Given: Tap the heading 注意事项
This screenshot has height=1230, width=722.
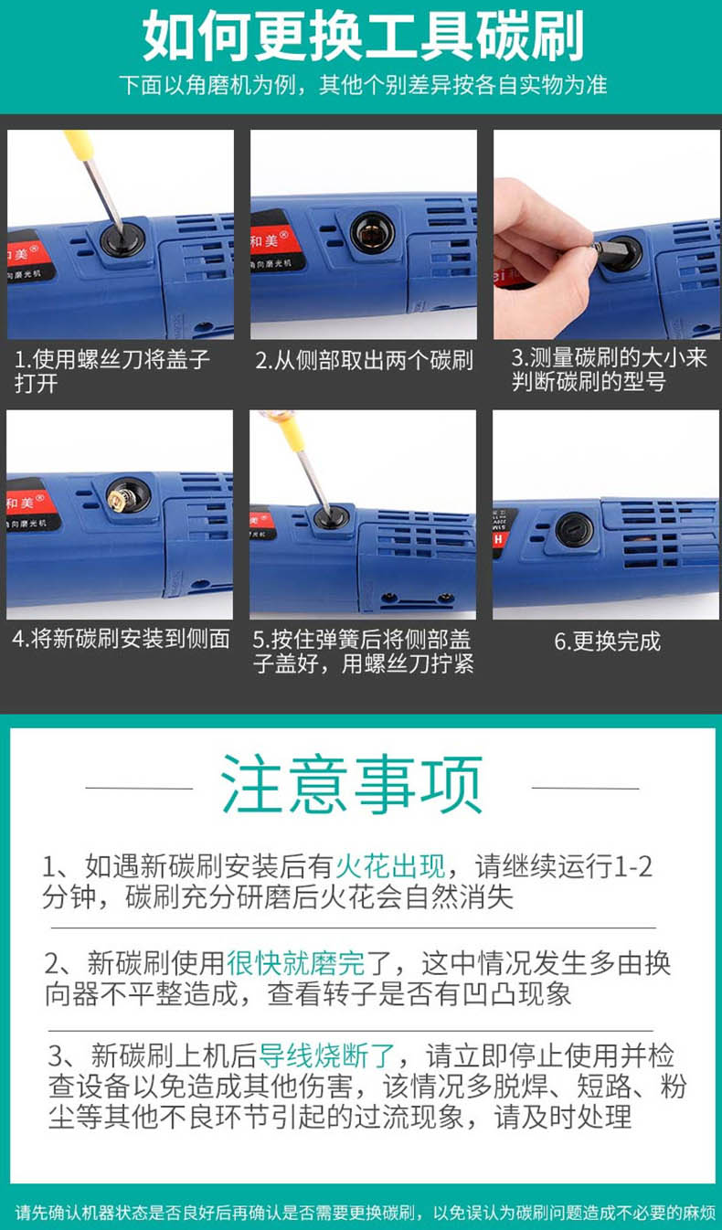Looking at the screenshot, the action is pyautogui.click(x=352, y=785).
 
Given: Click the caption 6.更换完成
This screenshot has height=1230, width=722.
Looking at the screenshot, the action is pyautogui.click(x=607, y=642).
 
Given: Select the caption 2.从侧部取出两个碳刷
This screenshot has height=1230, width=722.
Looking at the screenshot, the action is pyautogui.click(x=364, y=360).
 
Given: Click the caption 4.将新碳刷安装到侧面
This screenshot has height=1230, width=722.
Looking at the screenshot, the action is pyautogui.click(x=121, y=639).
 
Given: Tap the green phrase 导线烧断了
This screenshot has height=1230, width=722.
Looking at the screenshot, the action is pyautogui.click(x=327, y=1055).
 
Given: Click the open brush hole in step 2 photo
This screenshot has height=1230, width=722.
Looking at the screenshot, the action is pyautogui.click(x=372, y=232).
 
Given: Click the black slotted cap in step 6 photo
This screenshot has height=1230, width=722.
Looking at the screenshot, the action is pyautogui.click(x=574, y=531).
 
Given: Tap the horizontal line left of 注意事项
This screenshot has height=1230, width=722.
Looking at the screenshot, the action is pyautogui.click(x=140, y=788).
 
